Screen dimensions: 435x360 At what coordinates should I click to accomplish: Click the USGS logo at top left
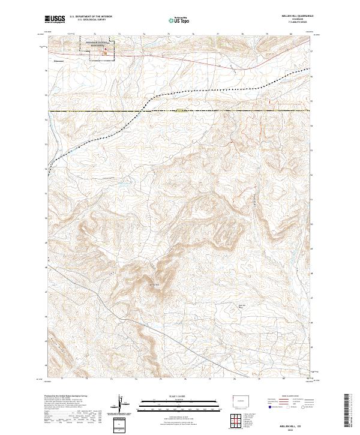(x=55, y=19)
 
